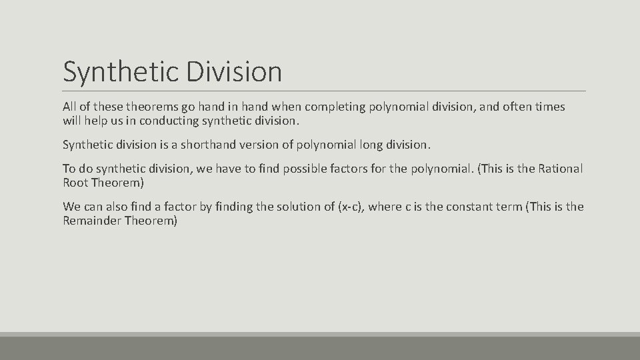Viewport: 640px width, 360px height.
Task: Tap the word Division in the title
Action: click(234, 71)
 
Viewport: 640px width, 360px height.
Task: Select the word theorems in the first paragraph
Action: click(149, 107)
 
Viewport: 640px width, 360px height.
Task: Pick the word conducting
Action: click(162, 121)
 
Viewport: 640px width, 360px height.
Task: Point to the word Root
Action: click(75, 183)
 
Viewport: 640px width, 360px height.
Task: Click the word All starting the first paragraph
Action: click(70, 107)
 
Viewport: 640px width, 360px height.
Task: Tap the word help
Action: click(95, 121)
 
